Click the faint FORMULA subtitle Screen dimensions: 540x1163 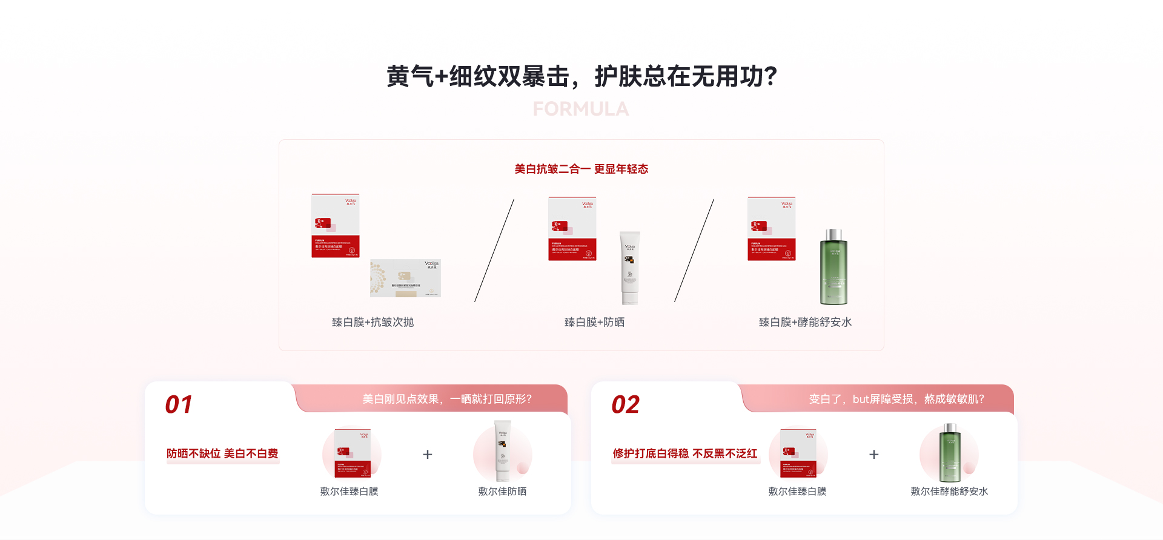point(581,109)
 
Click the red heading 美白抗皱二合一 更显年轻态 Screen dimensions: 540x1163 point(581,169)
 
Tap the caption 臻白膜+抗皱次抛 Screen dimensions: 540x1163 point(373,322)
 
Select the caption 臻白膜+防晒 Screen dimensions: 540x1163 point(594,322)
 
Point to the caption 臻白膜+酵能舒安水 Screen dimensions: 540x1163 point(805,322)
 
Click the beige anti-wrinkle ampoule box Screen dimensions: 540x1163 point(405,278)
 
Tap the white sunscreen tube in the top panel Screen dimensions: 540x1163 point(630,268)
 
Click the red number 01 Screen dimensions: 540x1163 point(179,404)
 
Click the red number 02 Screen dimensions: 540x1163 point(625,404)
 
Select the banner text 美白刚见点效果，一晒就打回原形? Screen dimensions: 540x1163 point(447,399)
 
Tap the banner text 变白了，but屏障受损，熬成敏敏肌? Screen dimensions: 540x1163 point(896,399)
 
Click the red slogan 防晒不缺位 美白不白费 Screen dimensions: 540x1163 point(222,453)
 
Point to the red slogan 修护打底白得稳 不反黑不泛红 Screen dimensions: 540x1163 point(685,453)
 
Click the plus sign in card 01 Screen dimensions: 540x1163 point(428,454)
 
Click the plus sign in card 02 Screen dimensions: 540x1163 point(874,454)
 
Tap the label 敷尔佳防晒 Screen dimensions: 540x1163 point(502,492)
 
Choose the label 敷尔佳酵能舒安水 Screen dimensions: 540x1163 point(949,492)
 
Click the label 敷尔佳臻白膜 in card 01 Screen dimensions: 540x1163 point(349,492)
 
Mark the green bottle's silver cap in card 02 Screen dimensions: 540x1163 point(950,428)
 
